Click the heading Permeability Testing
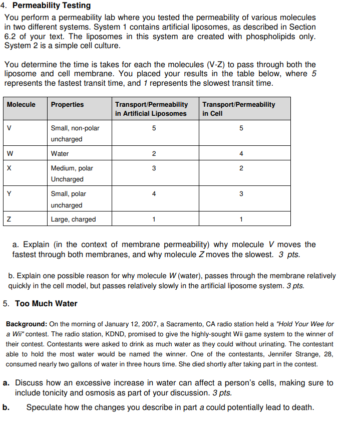point(52,6)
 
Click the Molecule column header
point(21,104)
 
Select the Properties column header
point(67,104)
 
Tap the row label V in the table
point(9,128)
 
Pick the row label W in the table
point(10,153)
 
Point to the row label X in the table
point(9,168)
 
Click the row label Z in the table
point(9,219)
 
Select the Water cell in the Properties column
point(60,153)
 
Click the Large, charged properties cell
point(73,219)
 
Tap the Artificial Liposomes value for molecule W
point(154,153)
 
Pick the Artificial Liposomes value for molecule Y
point(154,193)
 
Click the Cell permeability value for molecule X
point(241,168)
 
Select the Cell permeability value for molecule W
point(241,153)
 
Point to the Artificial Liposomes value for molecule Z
point(154,219)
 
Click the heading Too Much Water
point(46,303)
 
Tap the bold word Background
point(26,324)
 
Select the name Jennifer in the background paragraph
point(271,354)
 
